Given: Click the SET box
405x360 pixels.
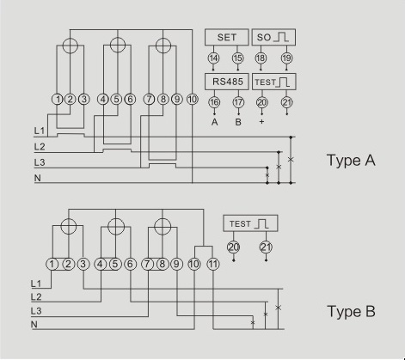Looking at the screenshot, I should point(226,37).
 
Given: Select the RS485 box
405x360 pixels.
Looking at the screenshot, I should point(226,81).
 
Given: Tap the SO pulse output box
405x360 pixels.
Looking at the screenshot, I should point(274,37).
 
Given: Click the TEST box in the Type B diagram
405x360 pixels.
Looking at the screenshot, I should point(249,224).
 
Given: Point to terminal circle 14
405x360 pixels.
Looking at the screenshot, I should point(214,58).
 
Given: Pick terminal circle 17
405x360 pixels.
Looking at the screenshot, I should point(238,102).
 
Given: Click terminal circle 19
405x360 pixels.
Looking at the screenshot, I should point(286,58).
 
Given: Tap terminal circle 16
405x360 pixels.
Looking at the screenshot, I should point(214,102).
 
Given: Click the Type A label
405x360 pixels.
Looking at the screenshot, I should point(352,160).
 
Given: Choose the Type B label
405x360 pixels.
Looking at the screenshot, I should point(351,311).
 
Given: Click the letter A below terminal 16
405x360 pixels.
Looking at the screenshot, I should point(214,123).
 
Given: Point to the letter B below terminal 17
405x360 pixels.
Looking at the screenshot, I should point(238,123).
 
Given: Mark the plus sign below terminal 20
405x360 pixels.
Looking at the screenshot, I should point(262,123).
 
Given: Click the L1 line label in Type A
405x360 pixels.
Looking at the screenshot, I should point(40,131).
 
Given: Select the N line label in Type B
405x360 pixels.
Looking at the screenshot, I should point(34,326).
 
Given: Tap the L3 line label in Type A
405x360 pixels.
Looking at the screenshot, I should point(40,162).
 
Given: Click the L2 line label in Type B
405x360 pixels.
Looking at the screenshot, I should point(35,296).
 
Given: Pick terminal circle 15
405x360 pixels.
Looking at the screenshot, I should point(238,58).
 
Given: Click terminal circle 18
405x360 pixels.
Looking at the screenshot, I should point(262,58).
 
